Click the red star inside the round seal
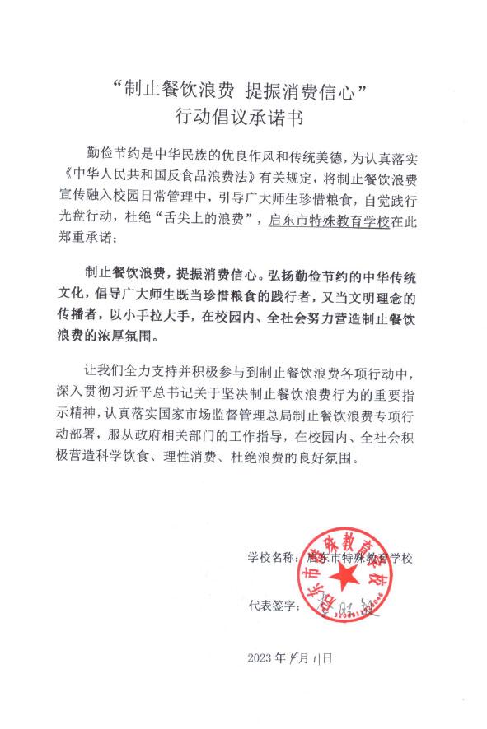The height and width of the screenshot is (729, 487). (363, 577)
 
